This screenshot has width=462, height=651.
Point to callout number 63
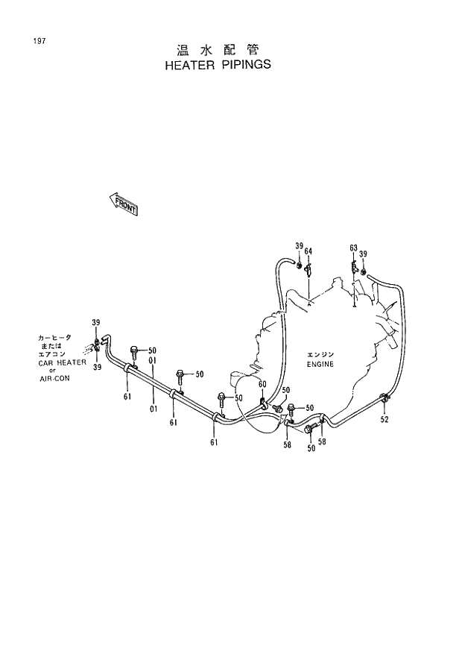353,248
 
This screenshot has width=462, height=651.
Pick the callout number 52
384,419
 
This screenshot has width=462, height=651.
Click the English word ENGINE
320,365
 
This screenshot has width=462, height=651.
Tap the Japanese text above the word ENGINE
321,354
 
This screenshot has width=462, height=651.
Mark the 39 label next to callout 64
298,246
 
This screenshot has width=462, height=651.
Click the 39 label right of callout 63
363,254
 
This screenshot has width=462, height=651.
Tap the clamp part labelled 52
382,400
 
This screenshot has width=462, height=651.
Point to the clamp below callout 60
264,403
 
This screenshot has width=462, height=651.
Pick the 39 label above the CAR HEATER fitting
95,321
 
